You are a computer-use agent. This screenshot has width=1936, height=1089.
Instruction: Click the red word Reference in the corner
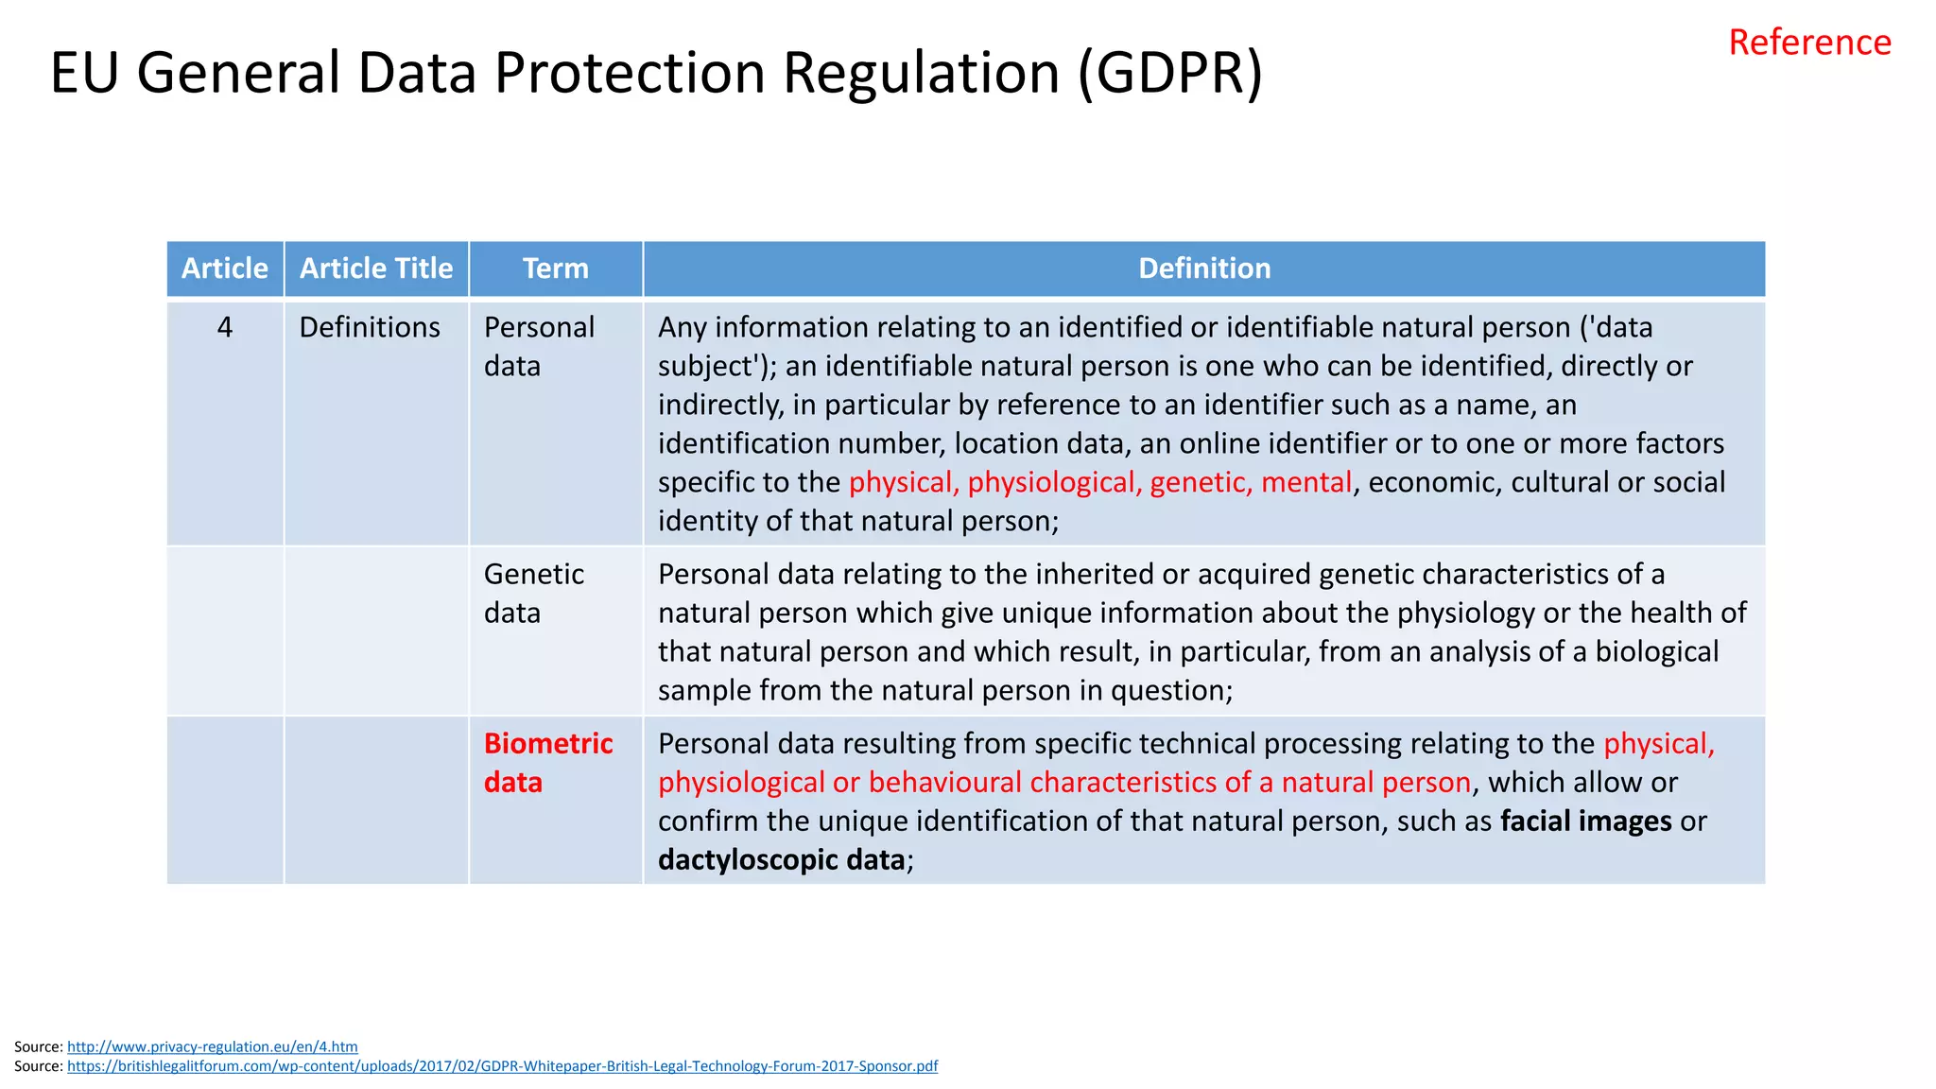(1809, 43)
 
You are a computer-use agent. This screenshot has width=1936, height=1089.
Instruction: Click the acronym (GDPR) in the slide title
(1170, 73)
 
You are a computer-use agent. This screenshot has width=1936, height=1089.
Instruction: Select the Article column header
(225, 268)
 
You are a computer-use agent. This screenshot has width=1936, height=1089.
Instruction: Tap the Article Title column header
(376, 268)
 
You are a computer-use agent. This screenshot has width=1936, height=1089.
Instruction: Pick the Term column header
(556, 268)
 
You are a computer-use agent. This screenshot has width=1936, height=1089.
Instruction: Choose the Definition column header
(1204, 268)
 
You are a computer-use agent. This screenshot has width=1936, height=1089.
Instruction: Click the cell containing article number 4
(225, 327)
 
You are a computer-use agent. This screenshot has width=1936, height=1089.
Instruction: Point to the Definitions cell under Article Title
(370, 327)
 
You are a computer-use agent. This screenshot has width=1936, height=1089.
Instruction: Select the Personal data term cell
(539, 346)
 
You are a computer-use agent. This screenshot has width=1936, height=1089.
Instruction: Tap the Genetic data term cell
(533, 593)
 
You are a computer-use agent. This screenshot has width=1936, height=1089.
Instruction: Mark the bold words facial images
(1585, 821)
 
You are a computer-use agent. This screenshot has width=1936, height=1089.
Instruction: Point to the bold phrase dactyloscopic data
(782, 859)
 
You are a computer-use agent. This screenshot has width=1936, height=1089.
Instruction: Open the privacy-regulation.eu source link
(213, 1046)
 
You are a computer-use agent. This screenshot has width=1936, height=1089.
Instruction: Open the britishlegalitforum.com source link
(502, 1066)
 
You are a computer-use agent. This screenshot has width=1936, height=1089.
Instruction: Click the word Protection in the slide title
(630, 73)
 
